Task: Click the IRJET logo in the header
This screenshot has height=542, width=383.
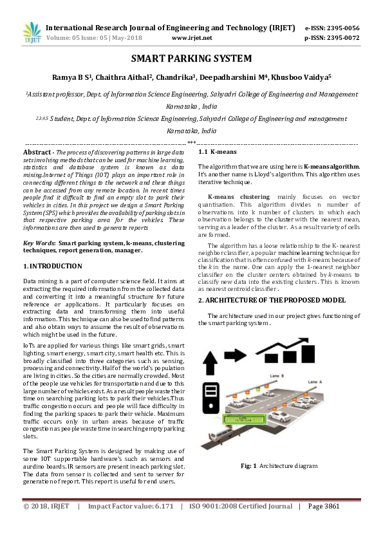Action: click(32, 33)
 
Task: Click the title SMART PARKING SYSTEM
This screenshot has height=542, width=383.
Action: click(191, 59)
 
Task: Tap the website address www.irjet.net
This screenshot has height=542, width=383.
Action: click(192, 38)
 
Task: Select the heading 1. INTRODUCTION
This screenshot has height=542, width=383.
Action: click(52, 266)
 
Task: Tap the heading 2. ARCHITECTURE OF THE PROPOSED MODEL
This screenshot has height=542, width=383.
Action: click(272, 300)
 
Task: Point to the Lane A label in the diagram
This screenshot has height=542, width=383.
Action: click(333, 381)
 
